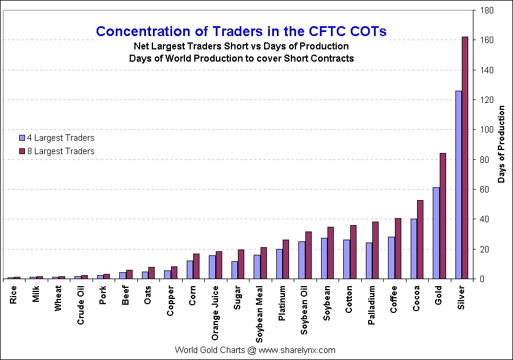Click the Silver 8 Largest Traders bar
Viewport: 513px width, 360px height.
[465, 158]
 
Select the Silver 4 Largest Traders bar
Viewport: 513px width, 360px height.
[458, 185]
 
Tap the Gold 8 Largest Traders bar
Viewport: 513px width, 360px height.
[443, 216]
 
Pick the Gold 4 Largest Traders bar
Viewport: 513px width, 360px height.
[436, 233]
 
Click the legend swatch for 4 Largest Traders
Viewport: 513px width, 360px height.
[22, 138]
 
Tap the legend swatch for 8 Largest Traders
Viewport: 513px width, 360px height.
[22, 151]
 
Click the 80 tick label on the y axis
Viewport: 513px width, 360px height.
[484, 159]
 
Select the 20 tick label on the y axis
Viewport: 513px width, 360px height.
[484, 249]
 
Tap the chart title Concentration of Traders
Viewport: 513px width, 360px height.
[241, 31]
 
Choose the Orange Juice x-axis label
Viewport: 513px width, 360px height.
[215, 312]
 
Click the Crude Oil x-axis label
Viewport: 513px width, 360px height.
[81, 308]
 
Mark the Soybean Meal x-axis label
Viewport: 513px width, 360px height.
[260, 315]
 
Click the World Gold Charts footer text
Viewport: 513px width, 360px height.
[255, 350]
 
